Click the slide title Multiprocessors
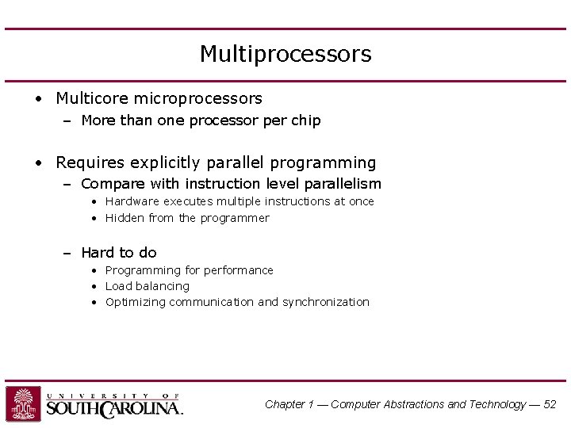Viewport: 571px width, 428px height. coord(285,54)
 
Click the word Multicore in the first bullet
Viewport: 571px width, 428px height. coord(91,98)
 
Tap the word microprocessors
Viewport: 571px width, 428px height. coord(197,98)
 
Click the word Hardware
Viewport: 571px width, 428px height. coord(132,201)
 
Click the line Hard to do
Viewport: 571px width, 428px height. coord(119,253)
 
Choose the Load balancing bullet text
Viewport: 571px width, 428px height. coord(148,286)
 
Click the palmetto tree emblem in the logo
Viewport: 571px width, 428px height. coord(23,403)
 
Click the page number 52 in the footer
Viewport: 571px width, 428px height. coord(549,404)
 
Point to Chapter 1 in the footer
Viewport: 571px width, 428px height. coord(290,404)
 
